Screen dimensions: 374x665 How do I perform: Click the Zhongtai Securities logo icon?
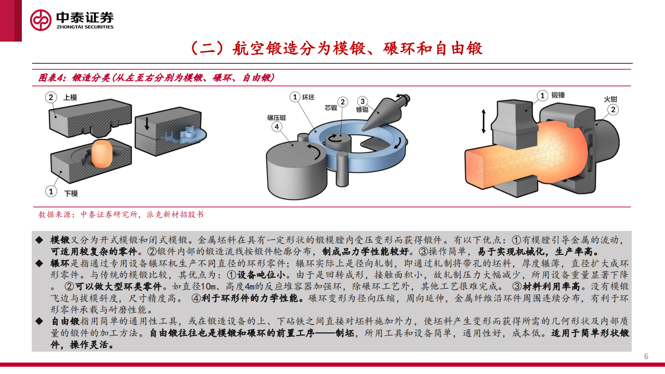[x=41, y=20]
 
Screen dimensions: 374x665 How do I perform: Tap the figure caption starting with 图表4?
[x=156, y=78]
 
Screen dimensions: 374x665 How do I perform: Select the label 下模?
[x=71, y=193]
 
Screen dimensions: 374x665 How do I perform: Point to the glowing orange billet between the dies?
[x=102, y=154]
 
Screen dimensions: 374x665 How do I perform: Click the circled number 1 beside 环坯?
[x=295, y=97]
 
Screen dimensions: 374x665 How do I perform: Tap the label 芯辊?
[x=331, y=108]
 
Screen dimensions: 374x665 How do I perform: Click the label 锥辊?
[x=362, y=109]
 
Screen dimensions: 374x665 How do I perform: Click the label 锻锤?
[x=558, y=95]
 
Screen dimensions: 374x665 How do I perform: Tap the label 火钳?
[x=610, y=99]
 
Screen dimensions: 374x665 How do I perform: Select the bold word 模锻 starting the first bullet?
[x=60, y=240]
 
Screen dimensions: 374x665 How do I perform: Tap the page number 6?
[x=646, y=356]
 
